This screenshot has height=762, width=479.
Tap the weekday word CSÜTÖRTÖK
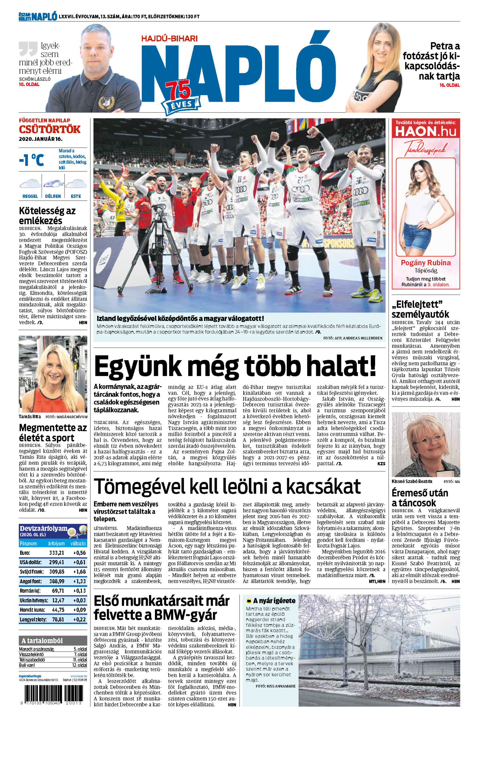(50, 129)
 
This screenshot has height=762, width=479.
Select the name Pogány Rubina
(425, 263)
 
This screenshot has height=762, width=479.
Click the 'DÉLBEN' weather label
(53, 196)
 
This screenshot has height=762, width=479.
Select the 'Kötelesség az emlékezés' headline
(47, 215)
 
